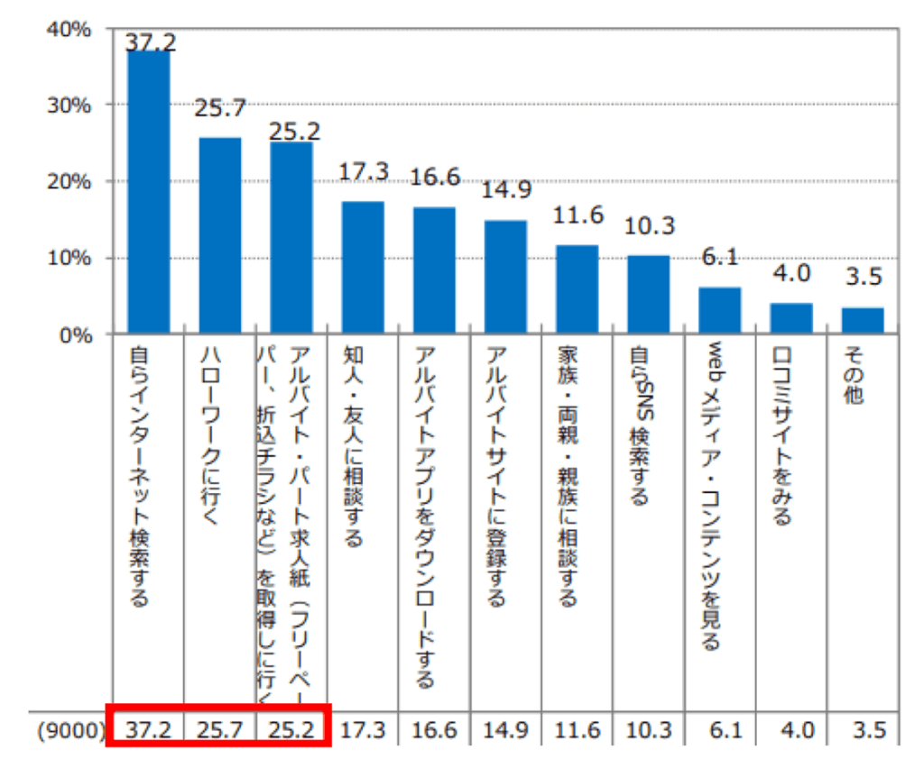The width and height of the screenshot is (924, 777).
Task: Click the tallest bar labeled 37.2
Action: click(x=148, y=193)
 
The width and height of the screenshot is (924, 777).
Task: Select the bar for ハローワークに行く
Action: click(x=219, y=236)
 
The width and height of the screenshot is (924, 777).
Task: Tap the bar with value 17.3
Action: click(x=363, y=268)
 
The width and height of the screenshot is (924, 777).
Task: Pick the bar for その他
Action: click(x=863, y=321)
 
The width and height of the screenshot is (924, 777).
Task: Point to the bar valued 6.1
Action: click(x=720, y=311)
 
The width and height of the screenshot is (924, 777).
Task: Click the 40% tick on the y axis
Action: click(x=71, y=30)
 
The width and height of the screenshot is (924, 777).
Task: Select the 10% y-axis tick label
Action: click(x=71, y=259)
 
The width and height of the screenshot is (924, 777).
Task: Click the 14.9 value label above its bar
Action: click(x=505, y=191)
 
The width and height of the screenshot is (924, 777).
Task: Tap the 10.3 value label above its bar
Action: click(x=648, y=226)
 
